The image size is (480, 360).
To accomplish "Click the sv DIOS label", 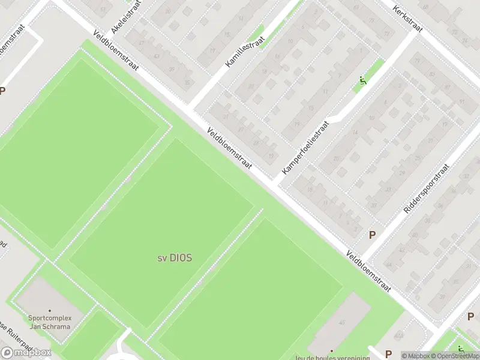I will coord(175,257).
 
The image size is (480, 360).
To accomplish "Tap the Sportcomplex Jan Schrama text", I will coord(49,322).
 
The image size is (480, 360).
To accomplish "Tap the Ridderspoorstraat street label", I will coord(426,189).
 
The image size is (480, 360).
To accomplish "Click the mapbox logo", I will coord(26,353).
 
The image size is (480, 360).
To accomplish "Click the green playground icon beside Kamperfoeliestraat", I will coord(362,81).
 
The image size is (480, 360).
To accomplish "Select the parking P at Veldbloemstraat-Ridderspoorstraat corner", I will coord(372,235).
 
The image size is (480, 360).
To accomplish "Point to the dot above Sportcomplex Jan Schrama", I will coord(49,311).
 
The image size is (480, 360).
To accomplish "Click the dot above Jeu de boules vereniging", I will coord(331,351).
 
